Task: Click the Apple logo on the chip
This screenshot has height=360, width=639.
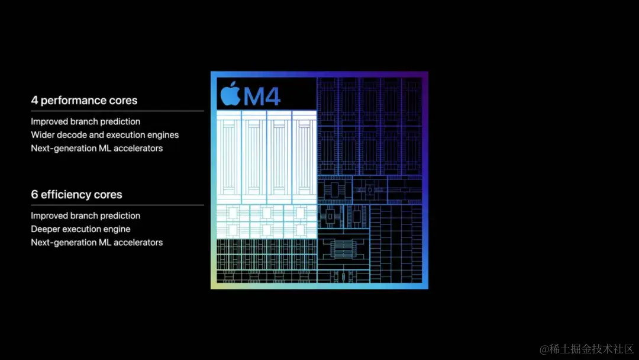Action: point(230,94)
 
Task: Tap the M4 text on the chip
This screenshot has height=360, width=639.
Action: point(262,97)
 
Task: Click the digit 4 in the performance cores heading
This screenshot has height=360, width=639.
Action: point(34,100)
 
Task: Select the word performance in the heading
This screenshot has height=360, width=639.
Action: point(73,101)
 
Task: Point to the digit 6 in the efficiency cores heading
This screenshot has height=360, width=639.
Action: point(34,194)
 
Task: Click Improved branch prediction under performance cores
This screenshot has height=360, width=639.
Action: point(86,121)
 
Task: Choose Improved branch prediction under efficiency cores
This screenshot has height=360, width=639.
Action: point(86,216)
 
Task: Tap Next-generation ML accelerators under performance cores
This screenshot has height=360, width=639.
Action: point(97,149)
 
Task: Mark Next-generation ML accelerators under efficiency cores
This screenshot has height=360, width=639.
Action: point(97,243)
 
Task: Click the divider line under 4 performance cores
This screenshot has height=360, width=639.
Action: point(117,111)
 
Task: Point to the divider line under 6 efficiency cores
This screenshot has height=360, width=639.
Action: point(117,205)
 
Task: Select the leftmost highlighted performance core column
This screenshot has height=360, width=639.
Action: point(229,157)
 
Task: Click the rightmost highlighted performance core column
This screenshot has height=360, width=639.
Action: point(305,157)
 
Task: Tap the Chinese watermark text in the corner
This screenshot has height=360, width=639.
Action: point(587,349)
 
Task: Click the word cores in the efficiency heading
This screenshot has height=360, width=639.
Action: point(108,194)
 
